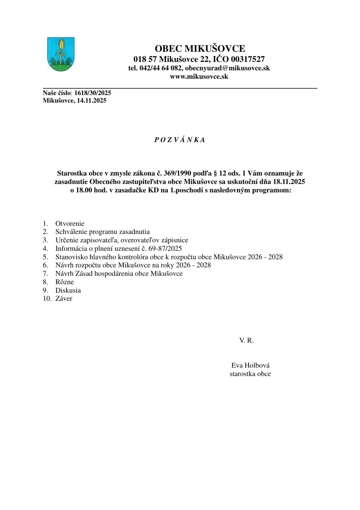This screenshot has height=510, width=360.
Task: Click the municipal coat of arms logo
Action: coord(61,54)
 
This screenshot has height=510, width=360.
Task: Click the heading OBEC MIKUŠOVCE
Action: coord(200,48)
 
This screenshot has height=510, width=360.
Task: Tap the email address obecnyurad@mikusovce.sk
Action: coord(227,68)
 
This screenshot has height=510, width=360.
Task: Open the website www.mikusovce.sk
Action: coord(199,77)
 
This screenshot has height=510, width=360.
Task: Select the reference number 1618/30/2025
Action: coord(93,93)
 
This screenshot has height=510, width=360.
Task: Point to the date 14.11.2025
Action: coord(91,100)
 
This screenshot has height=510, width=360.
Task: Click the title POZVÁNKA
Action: coord(180,140)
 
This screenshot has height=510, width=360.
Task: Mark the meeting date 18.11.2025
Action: coord(289,182)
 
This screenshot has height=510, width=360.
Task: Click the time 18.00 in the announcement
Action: coord(84,190)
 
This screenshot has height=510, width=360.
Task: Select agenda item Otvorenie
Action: coord(70,223)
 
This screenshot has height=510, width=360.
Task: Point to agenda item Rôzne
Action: coord(65,282)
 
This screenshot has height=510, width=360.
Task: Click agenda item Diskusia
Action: coord(68,290)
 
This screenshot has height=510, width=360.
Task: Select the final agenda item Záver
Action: coord(64,299)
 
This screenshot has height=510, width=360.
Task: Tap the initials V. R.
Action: coord(246,341)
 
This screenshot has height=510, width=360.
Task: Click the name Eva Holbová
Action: coord(250,365)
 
